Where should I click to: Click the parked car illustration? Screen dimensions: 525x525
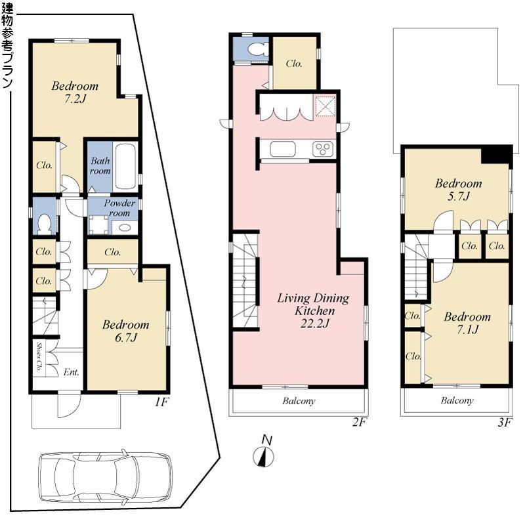pyautogui.click(x=104, y=478)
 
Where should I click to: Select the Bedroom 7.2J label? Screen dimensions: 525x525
pyautogui.click(x=75, y=93)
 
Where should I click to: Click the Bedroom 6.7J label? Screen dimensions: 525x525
pyautogui.click(x=125, y=331)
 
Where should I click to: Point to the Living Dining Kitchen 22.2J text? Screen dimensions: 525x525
pyautogui.click(x=312, y=309)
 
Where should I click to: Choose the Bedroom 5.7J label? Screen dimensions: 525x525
pyautogui.click(x=458, y=190)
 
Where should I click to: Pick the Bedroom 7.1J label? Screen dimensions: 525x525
pyautogui.click(x=467, y=323)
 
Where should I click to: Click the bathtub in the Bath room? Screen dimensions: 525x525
pyautogui.click(x=125, y=166)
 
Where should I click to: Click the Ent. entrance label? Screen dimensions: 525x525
pyautogui.click(x=71, y=372)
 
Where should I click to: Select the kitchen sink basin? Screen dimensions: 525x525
pyautogui.click(x=283, y=149)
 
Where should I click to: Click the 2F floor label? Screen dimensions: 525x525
pyautogui.click(x=358, y=422)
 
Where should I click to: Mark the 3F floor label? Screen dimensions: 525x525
pyautogui.click(x=503, y=422)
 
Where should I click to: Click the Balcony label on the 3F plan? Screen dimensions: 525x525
pyautogui.click(x=457, y=400)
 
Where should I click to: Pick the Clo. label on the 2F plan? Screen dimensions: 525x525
pyautogui.click(x=293, y=64)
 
